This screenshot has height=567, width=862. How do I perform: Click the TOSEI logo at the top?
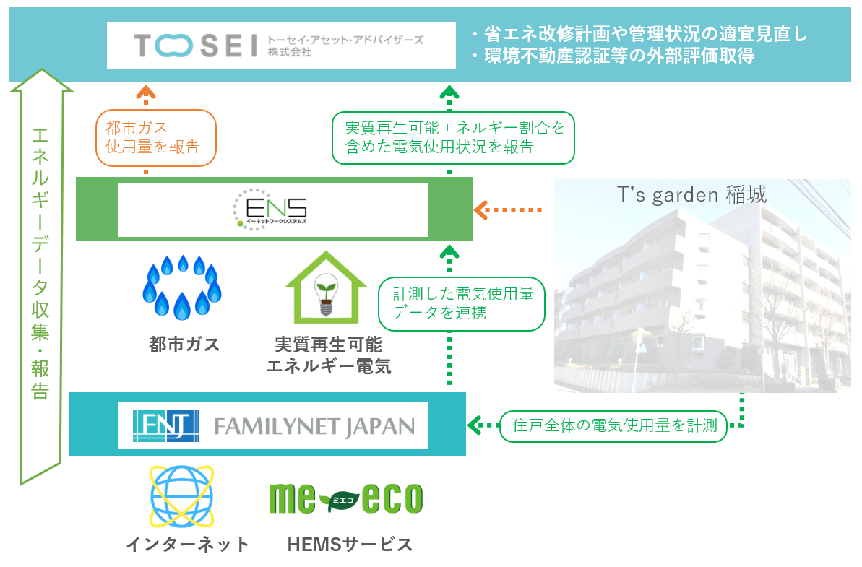(x=195, y=46)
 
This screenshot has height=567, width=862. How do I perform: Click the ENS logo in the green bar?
(x=272, y=209)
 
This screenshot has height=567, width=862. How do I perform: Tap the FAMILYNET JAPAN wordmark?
(x=314, y=426)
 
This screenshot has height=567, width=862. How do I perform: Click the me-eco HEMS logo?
(x=345, y=498)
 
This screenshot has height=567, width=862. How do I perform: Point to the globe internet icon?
(x=181, y=498)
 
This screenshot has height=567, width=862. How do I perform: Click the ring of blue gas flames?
(x=182, y=287)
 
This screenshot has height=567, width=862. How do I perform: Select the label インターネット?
(x=187, y=544)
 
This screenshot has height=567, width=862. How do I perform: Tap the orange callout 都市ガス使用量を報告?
(x=155, y=137)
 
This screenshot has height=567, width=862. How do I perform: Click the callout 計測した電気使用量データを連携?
(x=461, y=303)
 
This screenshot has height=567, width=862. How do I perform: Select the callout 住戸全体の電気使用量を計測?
(x=613, y=425)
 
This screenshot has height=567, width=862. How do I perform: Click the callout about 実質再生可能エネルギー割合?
(x=453, y=137)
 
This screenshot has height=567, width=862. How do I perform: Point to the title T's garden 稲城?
(x=691, y=195)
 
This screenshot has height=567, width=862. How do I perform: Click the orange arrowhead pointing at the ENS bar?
(x=480, y=210)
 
